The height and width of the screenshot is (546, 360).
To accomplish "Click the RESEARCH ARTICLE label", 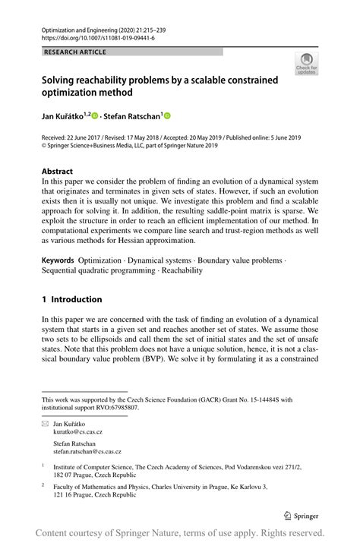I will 75,52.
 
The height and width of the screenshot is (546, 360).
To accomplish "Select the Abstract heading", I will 58,172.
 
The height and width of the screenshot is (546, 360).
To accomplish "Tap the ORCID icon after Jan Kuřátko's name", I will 95,115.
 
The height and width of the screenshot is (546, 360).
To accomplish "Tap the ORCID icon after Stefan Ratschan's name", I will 167,115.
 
